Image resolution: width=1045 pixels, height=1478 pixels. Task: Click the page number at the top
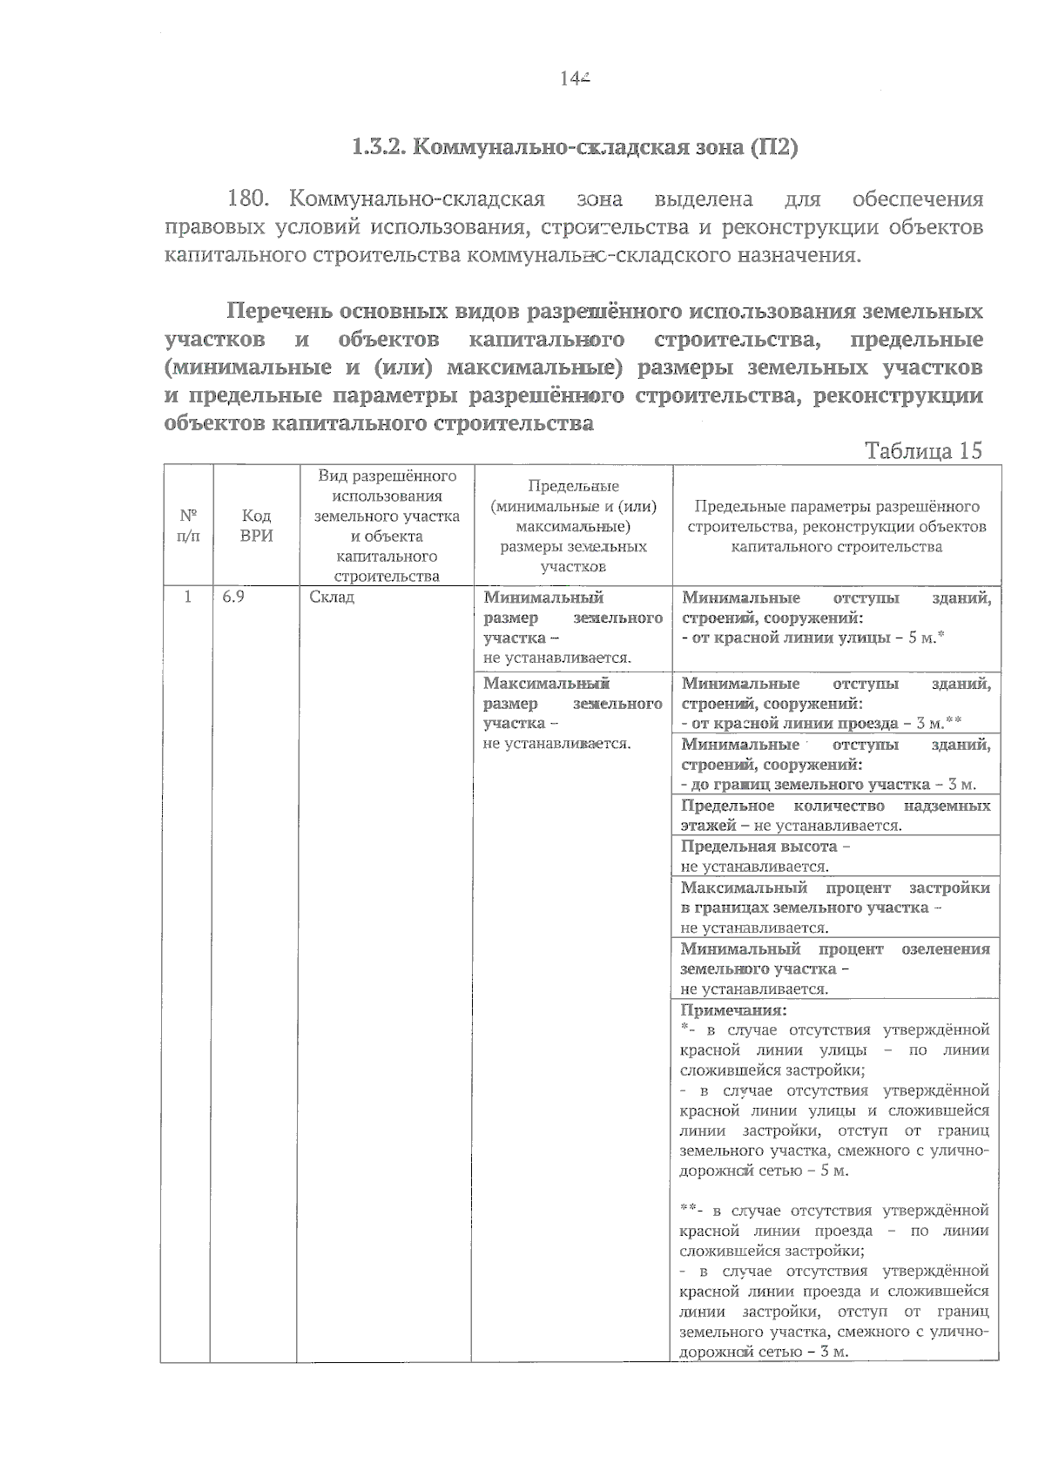575,78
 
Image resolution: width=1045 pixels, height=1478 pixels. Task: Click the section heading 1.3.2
575,146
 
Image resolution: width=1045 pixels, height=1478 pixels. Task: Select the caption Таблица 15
922,450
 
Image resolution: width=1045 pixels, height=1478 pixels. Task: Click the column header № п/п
188,525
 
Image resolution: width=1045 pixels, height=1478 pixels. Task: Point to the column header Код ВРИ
256,526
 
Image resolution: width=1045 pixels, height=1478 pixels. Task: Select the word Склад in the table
332,597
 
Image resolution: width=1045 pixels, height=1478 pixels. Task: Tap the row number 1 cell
187,597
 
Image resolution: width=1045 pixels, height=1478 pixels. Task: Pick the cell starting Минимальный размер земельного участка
572,627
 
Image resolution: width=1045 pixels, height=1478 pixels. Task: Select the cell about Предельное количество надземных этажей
835,815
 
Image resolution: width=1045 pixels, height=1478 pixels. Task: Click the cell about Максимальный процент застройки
835,907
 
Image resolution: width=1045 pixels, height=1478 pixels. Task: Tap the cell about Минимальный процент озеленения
835,968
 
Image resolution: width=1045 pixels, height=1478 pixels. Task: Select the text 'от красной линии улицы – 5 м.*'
813,638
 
